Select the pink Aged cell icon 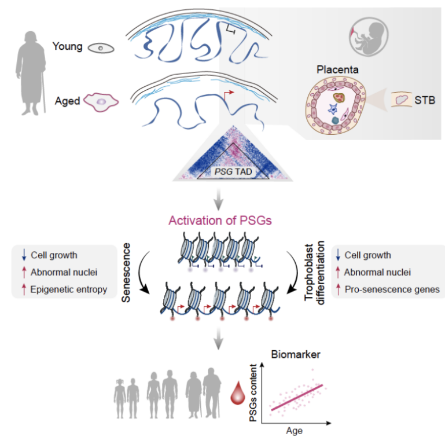click(x=101, y=101)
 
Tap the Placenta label click(x=337, y=70)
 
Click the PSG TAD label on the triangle click(x=223, y=171)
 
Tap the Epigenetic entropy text click(x=70, y=289)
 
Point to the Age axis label click(x=294, y=431)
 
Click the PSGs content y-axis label click(x=255, y=394)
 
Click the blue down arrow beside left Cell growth click(x=24, y=255)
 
